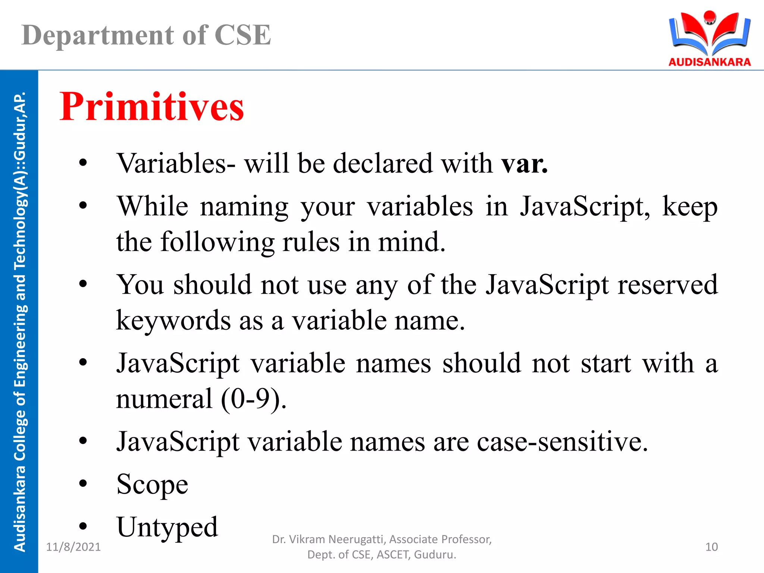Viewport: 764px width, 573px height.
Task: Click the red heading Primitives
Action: [x=151, y=107]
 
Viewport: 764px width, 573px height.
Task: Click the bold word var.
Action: [x=524, y=164]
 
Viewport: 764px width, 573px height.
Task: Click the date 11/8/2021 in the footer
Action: [x=73, y=547]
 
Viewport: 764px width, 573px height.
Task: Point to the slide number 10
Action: [x=711, y=547]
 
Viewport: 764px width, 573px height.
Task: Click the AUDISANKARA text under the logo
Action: [x=710, y=62]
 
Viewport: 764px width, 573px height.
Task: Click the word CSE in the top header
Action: [x=242, y=35]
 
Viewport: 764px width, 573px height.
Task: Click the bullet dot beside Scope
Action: [x=83, y=484]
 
